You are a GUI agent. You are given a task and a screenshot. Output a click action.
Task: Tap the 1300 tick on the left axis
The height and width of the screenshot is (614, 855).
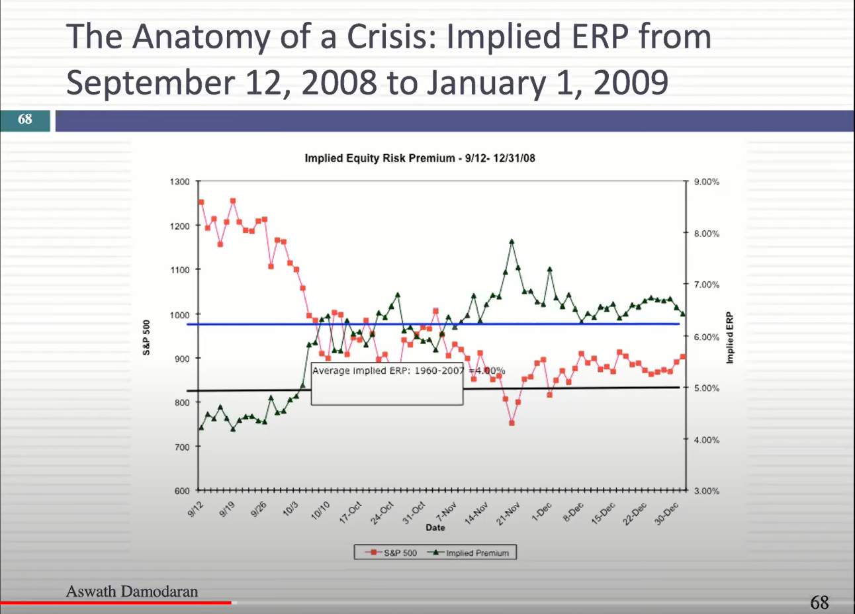tap(181, 181)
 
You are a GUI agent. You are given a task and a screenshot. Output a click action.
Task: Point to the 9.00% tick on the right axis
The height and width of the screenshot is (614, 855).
tap(706, 181)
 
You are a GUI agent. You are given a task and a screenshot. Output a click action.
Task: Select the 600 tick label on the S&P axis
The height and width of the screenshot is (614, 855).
tap(182, 491)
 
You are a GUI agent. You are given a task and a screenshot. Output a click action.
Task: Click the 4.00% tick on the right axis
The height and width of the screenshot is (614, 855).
tap(706, 440)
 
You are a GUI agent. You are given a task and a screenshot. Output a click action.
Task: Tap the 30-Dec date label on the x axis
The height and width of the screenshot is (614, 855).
tap(668, 513)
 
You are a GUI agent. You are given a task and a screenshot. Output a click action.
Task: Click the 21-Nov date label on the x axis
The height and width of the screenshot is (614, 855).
tap(510, 513)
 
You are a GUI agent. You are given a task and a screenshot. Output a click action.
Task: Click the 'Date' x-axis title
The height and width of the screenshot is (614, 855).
tap(435, 527)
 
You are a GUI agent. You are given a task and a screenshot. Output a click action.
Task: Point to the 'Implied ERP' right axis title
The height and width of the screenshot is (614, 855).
tap(730, 337)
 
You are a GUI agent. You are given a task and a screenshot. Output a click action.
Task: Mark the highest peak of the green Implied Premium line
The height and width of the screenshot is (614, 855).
tap(512, 241)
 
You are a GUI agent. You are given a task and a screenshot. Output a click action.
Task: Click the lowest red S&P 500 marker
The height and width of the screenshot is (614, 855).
tap(512, 423)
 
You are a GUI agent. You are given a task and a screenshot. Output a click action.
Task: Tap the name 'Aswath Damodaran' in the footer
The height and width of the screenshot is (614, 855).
tap(132, 591)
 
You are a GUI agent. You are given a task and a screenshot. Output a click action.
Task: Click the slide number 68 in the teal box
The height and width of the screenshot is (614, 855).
tap(25, 119)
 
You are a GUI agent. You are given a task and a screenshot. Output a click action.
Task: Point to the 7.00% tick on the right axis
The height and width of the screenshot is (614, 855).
tap(706, 285)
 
